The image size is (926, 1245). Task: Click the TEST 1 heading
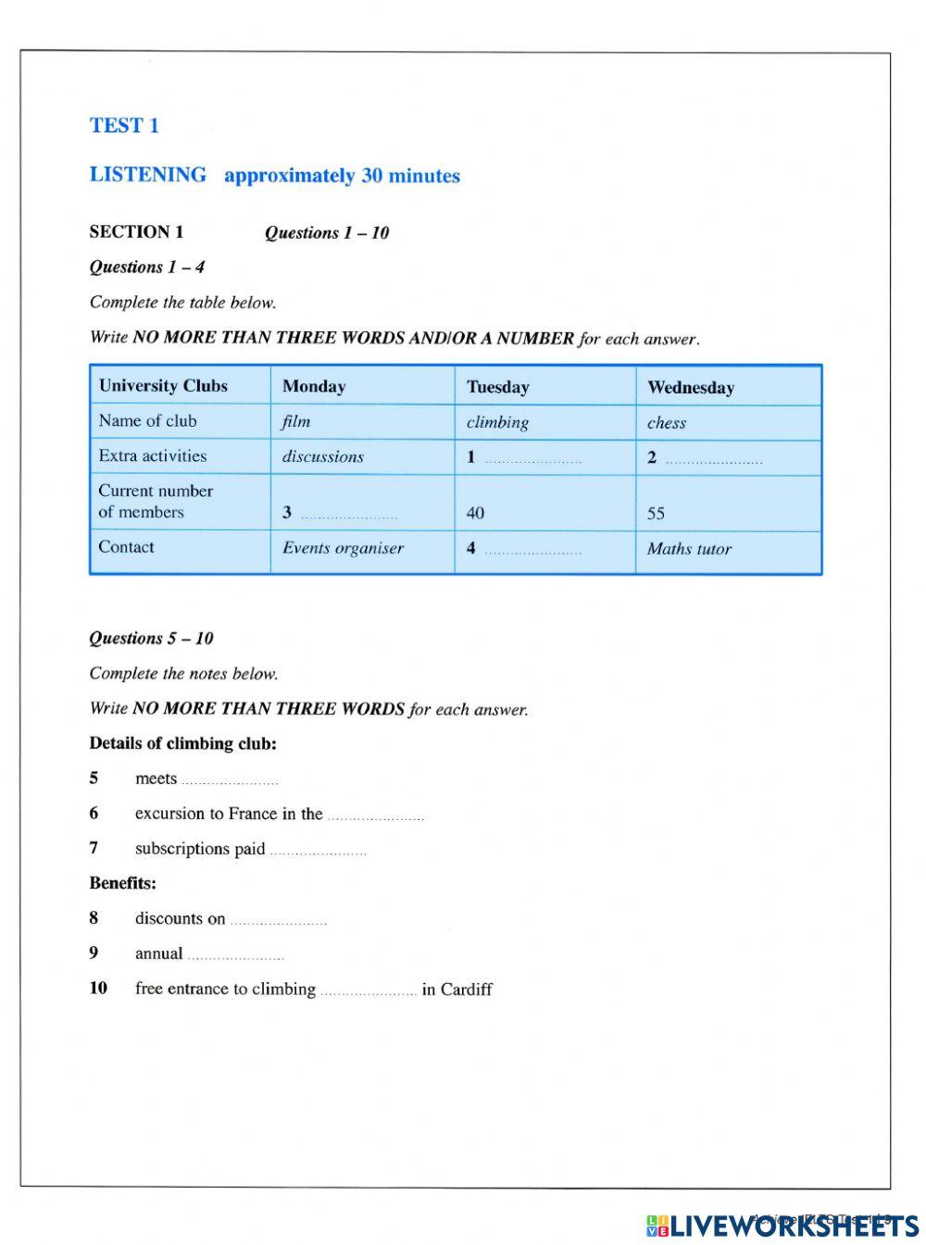[x=124, y=126]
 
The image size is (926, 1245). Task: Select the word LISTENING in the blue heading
[x=148, y=175]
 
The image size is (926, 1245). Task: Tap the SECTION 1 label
[x=136, y=232]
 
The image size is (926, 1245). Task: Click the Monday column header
[x=314, y=387]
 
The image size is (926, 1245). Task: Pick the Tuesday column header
[x=497, y=387]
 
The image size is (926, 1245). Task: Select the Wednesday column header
[x=690, y=388]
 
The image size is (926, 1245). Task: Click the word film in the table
[x=296, y=422]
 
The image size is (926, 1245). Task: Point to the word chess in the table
[x=666, y=423]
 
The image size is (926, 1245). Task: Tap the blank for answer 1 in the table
[x=532, y=459]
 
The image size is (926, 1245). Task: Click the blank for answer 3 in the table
[x=349, y=515]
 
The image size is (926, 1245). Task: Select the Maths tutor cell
[x=689, y=549]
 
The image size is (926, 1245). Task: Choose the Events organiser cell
[x=343, y=548]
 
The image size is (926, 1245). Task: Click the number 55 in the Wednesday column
[x=656, y=514]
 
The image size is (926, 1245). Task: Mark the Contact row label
[x=126, y=547]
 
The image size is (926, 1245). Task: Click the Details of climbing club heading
[x=182, y=743]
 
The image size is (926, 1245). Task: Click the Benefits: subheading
[x=122, y=883]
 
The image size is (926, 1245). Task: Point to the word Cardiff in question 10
[x=466, y=990]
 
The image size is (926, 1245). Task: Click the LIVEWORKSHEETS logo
[x=782, y=1226]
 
